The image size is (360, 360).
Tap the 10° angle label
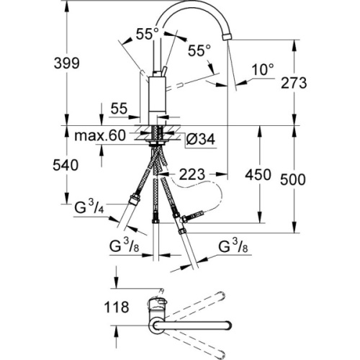264,70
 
